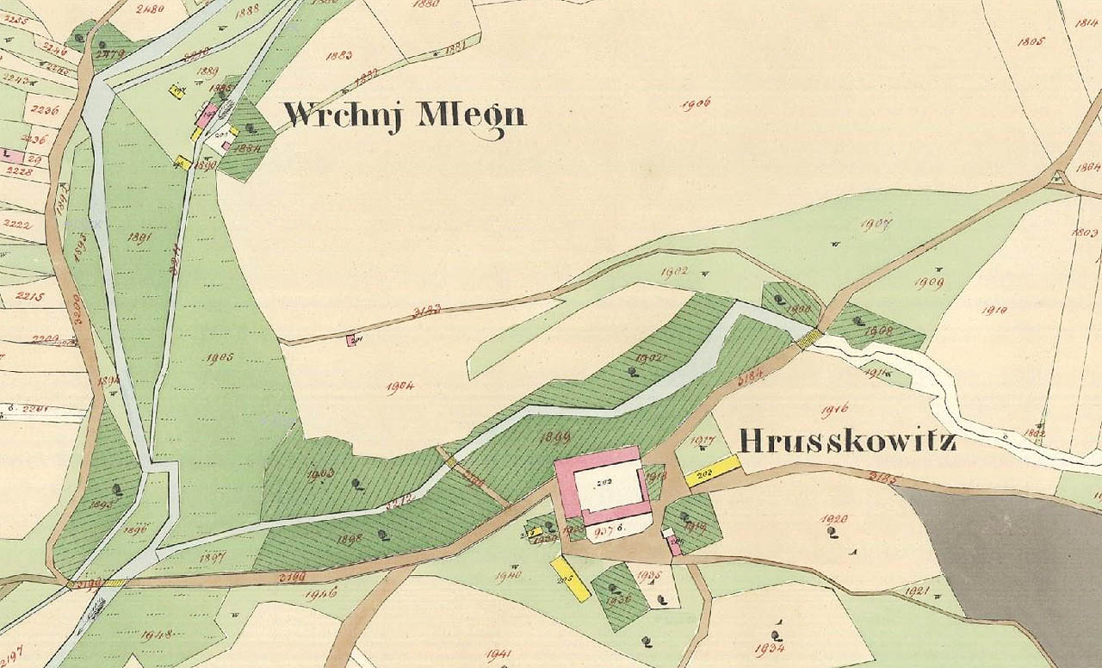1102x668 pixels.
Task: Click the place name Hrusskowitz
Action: (847, 442)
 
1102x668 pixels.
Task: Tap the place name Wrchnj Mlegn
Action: (404, 114)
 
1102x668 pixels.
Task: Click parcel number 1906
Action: (695, 104)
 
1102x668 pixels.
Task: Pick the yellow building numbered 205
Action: (570, 578)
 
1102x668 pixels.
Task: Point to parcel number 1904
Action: (399, 387)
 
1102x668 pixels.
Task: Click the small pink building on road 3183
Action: (350, 341)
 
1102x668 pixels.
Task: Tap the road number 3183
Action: (427, 309)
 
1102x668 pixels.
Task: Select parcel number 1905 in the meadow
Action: (220, 358)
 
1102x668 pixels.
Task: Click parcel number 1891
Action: (139, 237)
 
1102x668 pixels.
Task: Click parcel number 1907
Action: (876, 225)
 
